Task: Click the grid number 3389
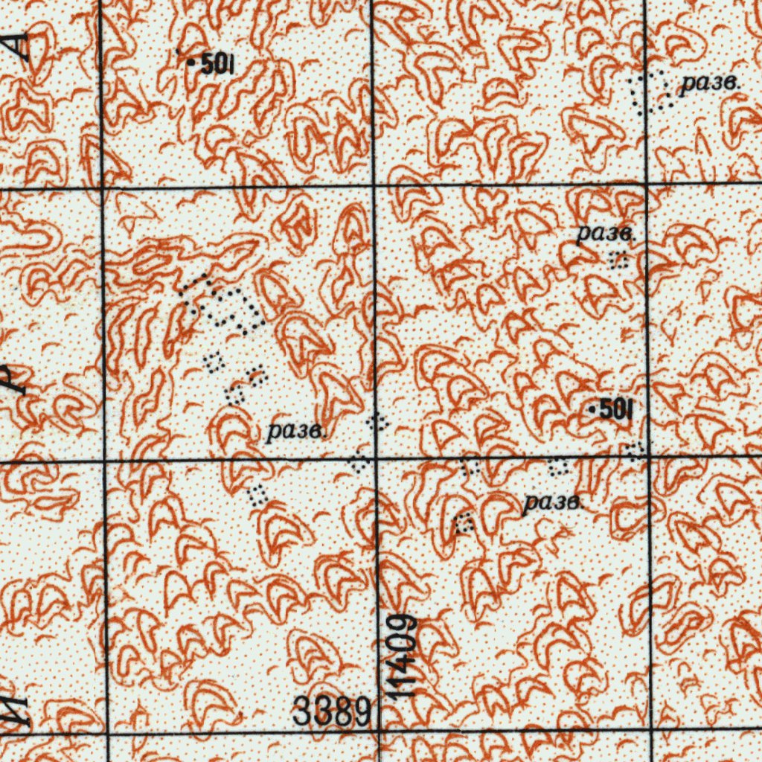tap(330, 711)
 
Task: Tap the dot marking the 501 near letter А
tap(191, 65)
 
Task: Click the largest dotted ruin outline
tap(223, 304)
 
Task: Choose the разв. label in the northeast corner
tap(710, 83)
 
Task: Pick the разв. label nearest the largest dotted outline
tap(295, 431)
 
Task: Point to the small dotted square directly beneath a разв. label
tap(618, 260)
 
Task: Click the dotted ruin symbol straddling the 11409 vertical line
tap(378, 423)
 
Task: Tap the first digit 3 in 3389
tap(302, 711)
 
